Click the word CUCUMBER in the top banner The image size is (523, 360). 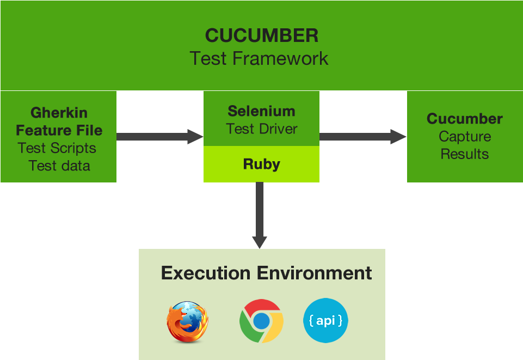point(261,36)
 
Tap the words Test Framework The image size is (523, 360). point(259,58)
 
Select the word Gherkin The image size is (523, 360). point(59,113)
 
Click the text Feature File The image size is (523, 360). point(59,131)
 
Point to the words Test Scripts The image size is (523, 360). point(57,148)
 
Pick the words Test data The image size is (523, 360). point(59,166)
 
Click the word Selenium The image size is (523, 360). point(261,111)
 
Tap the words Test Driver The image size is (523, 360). point(262,129)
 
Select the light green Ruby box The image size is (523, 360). point(261,164)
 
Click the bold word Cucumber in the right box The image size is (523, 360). point(465,119)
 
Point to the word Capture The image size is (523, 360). point(465,137)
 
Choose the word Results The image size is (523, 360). point(465,154)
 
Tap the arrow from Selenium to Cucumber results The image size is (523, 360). point(362,137)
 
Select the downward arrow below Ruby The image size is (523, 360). point(260,215)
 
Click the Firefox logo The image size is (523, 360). point(187,321)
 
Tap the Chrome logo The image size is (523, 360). point(261,321)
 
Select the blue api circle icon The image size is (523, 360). point(325,321)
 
